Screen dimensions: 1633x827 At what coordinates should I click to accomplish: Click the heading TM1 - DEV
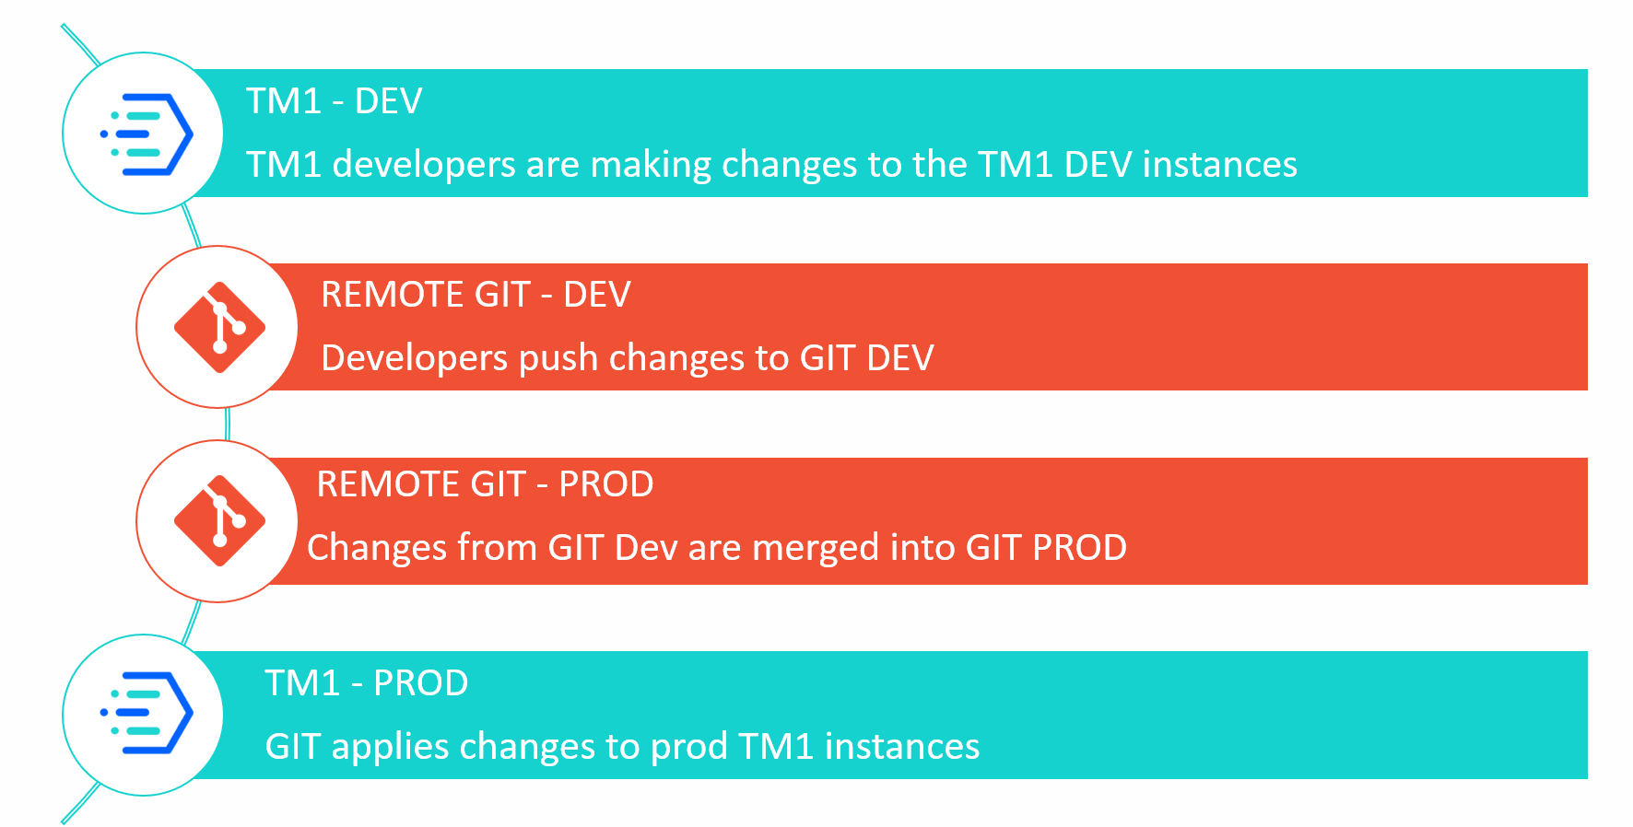pyautogui.click(x=334, y=101)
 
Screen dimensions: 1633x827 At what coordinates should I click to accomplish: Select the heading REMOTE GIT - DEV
pyautogui.click(x=476, y=295)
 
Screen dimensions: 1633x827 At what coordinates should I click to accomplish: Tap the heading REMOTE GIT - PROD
pyautogui.click(x=485, y=484)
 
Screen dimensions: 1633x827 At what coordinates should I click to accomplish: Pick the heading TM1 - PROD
pyautogui.click(x=367, y=683)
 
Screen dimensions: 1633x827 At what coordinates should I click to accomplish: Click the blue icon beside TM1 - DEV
pyautogui.click(x=146, y=134)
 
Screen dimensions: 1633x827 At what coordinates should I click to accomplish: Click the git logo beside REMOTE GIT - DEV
pyautogui.click(x=219, y=328)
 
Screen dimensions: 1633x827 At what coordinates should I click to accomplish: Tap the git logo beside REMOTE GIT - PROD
pyautogui.click(x=219, y=521)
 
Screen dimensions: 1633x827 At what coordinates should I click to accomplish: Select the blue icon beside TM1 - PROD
pyautogui.click(x=146, y=715)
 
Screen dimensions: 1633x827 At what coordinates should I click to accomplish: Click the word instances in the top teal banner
pyautogui.click(x=1219, y=165)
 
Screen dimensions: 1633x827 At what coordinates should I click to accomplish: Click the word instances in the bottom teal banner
pyautogui.click(x=902, y=747)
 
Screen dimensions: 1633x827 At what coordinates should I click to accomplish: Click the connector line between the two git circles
pyautogui.click(x=227, y=424)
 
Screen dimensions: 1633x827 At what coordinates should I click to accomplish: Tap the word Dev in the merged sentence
pyautogui.click(x=646, y=548)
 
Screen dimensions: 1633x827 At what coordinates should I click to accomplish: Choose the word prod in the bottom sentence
pyautogui.click(x=689, y=748)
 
